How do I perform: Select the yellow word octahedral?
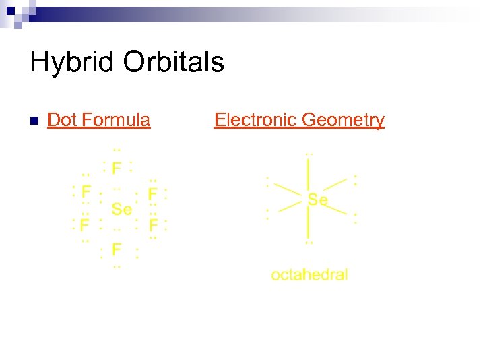pyautogui.click(x=309, y=274)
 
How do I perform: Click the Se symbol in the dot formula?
pyautogui.click(x=121, y=210)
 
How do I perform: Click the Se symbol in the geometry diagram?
pyautogui.click(x=317, y=200)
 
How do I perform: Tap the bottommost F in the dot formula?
pyautogui.click(x=117, y=250)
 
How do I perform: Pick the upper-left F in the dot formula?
pyautogui.click(x=86, y=191)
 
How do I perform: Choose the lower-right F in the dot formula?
pyautogui.click(x=154, y=224)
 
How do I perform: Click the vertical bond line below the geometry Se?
pyautogui.click(x=309, y=222)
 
